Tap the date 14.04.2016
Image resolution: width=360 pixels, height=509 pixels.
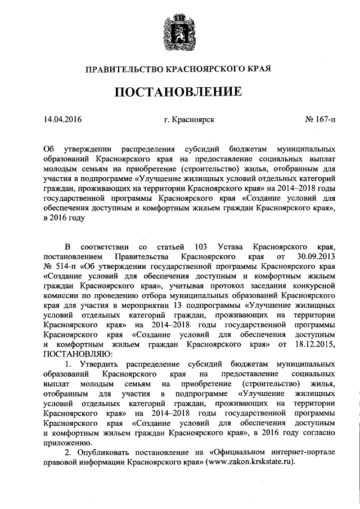(62, 120)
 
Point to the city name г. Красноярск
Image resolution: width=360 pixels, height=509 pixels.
(186, 120)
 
